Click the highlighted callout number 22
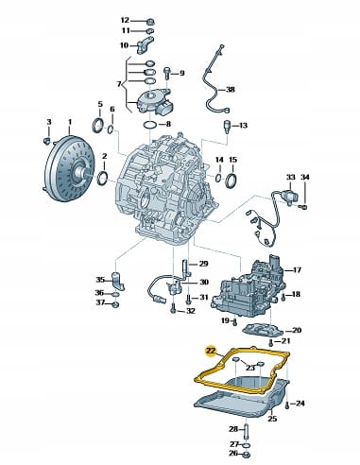tap(211, 351)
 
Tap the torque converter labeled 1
tap(69, 169)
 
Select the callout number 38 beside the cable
tap(231, 90)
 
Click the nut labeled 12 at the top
tap(150, 22)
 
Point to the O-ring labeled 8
tap(150, 125)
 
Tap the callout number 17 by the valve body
tap(297, 270)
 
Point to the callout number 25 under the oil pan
tap(272, 419)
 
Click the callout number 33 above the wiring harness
tap(290, 178)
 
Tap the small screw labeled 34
tap(304, 207)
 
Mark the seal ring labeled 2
tap(103, 179)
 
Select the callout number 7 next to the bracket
tap(119, 84)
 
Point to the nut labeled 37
tap(115, 304)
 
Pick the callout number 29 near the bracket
tap(204, 264)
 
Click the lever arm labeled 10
tap(145, 44)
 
